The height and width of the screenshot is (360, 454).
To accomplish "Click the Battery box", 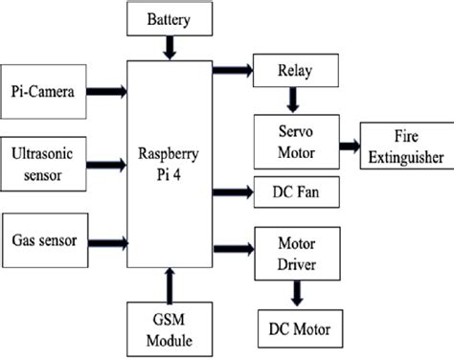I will pyautogui.click(x=168, y=19).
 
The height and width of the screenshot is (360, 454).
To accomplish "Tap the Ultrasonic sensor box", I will pyautogui.click(x=43, y=162).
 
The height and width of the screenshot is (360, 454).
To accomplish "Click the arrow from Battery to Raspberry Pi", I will pyautogui.click(x=169, y=46).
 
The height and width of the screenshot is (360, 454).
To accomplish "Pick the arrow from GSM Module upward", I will pyautogui.click(x=170, y=284).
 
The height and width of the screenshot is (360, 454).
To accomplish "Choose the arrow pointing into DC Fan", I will pyautogui.click(x=232, y=190).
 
